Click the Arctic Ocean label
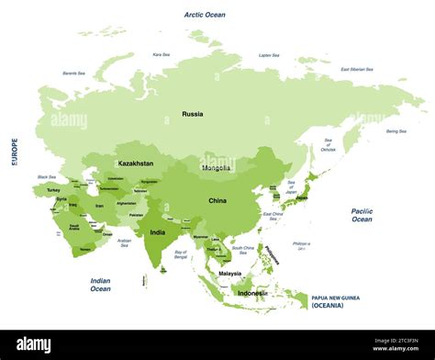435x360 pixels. (x=204, y=15)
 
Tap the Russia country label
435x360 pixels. (x=193, y=114)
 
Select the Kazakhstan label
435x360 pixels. (x=135, y=163)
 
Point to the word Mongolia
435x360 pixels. (x=217, y=168)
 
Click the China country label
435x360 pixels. (x=217, y=200)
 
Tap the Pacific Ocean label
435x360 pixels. (x=362, y=215)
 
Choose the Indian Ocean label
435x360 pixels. (x=100, y=285)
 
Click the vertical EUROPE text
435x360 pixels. (x=14, y=152)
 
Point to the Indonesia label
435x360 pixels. (x=252, y=294)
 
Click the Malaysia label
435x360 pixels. (x=229, y=273)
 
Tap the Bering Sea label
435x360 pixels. (x=396, y=131)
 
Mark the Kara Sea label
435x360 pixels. (x=161, y=54)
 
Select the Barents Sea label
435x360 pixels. (x=75, y=73)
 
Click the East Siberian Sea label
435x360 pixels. (x=356, y=69)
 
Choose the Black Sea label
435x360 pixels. (x=46, y=176)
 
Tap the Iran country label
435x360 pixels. (x=98, y=208)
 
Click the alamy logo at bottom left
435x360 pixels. (x=34, y=344)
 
